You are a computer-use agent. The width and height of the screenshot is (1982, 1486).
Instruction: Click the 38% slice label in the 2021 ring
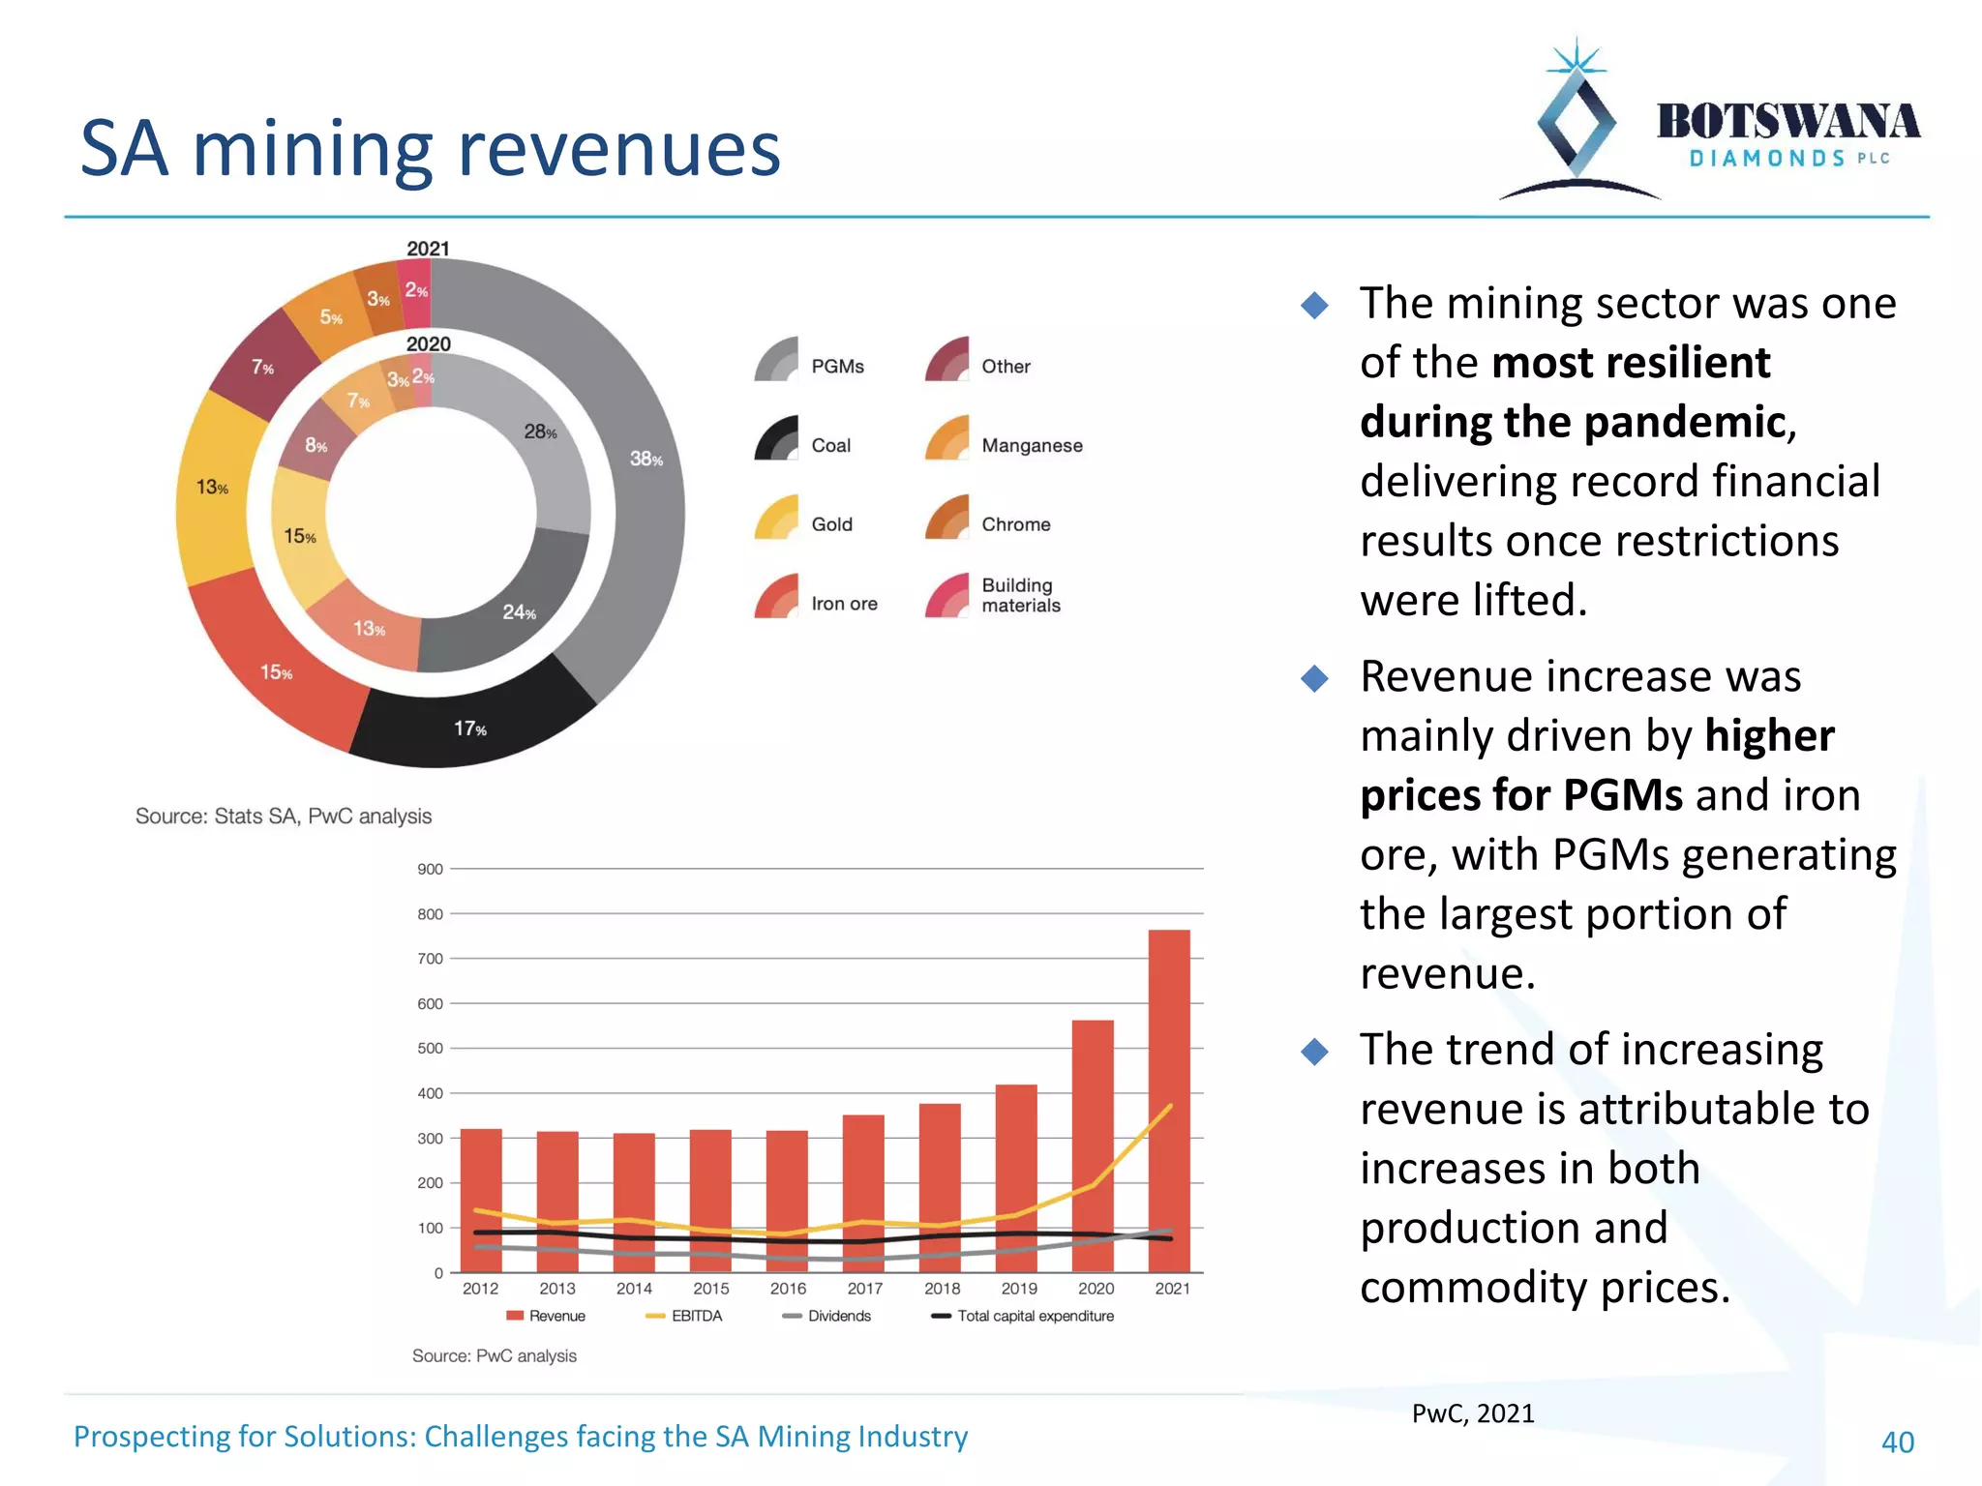pyautogui.click(x=646, y=459)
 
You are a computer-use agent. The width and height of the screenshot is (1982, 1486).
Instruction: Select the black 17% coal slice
pyautogui.click(x=470, y=728)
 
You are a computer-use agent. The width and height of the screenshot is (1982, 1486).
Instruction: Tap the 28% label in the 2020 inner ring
pyautogui.click(x=540, y=431)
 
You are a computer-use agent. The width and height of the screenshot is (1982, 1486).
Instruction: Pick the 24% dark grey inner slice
pyautogui.click(x=519, y=611)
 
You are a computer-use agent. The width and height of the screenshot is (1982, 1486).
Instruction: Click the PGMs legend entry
pyautogui.click(x=836, y=366)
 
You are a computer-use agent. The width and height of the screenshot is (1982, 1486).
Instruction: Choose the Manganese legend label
pyautogui.click(x=1032, y=445)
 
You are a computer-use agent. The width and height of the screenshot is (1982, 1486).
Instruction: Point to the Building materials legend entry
pyautogui.click(x=1020, y=595)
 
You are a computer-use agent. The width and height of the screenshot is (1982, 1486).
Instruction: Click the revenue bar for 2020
pyautogui.click(x=1093, y=1142)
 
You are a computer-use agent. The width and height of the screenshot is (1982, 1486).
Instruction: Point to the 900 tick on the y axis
pyautogui.click(x=430, y=869)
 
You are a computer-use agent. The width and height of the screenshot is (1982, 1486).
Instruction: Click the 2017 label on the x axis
pyautogui.click(x=864, y=1289)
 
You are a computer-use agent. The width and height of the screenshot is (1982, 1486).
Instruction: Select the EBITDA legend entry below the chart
pyautogui.click(x=696, y=1316)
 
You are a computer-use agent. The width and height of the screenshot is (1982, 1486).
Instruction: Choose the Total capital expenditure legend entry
pyautogui.click(x=1035, y=1316)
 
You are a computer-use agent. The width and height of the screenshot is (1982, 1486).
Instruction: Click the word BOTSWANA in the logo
pyautogui.click(x=1787, y=122)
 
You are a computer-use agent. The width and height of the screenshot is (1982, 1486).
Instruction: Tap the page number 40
pyautogui.click(x=1897, y=1441)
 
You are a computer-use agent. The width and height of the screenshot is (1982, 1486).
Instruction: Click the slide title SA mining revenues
pyautogui.click(x=430, y=150)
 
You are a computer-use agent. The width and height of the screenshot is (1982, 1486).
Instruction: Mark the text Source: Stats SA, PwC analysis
pyautogui.click(x=284, y=816)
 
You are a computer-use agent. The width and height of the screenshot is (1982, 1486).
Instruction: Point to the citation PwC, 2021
pyautogui.click(x=1472, y=1413)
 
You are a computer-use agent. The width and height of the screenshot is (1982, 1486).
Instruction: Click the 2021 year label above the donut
pyautogui.click(x=428, y=249)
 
